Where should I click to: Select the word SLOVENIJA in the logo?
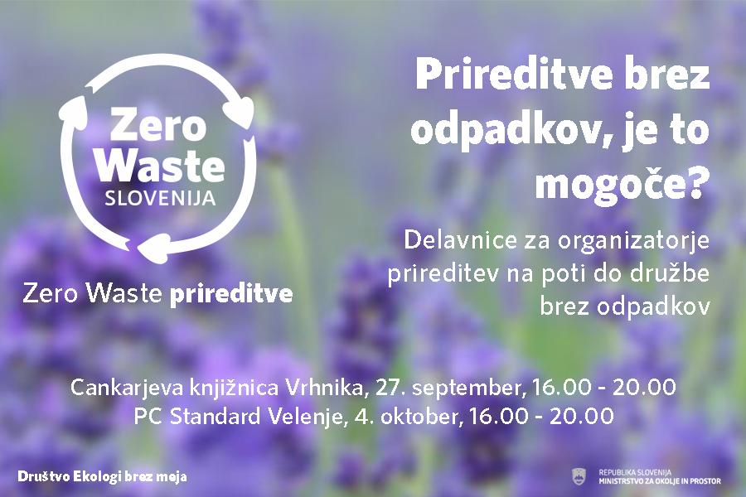point(160,198)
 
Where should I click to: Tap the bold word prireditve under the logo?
point(230,294)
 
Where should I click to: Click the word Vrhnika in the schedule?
point(325,387)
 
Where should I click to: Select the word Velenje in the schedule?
point(305,417)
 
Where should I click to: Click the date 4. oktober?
point(407,416)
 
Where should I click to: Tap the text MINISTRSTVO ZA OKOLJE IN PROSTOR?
point(660,480)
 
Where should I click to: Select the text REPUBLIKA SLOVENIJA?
point(635,472)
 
